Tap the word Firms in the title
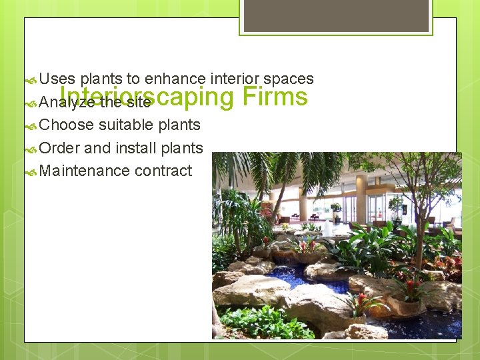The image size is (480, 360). pos(275,97)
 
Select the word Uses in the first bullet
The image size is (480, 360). pos(57,79)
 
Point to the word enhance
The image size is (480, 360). pos(175,79)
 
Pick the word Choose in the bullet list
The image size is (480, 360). pos(67,125)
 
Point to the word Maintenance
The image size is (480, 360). pos(85,171)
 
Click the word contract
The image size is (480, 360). pos(163,171)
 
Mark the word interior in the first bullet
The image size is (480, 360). pos(234,79)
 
